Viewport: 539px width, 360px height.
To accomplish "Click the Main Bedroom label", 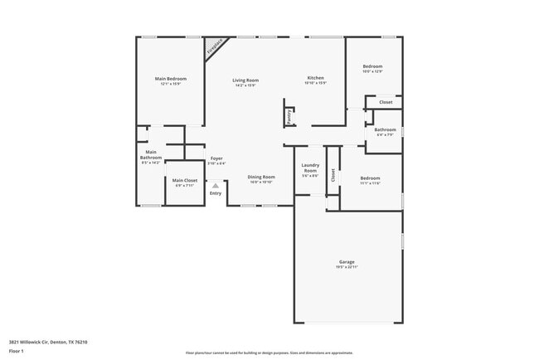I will (x=171, y=79).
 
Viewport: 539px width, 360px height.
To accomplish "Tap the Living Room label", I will (x=245, y=80).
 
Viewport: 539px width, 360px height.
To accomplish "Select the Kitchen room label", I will (x=315, y=78).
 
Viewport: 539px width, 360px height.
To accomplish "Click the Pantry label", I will (x=289, y=117).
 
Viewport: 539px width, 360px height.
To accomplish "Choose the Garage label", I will (x=347, y=262).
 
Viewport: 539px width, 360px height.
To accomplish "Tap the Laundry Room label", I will (x=310, y=168).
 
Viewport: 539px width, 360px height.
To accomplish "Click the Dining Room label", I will (x=261, y=177).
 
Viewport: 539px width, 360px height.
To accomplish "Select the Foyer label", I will (x=216, y=158).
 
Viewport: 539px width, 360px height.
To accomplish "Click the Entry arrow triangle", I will (x=216, y=186).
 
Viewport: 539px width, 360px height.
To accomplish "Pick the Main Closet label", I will (x=184, y=180).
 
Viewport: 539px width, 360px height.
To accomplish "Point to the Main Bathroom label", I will (x=151, y=155).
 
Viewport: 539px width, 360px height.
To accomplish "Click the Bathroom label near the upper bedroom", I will (x=385, y=129).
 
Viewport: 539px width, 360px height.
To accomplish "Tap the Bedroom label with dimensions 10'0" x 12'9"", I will (x=372, y=66).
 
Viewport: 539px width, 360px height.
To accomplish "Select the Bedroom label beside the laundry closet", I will (x=370, y=178).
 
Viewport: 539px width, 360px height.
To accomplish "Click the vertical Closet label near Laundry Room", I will (x=333, y=175).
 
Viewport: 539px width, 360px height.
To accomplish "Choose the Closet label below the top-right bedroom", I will (x=386, y=103).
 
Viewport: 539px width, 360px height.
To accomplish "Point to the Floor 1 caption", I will (x=17, y=351).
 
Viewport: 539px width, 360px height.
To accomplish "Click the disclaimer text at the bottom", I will (x=269, y=352).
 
